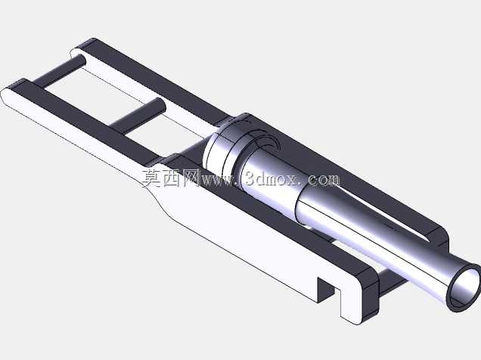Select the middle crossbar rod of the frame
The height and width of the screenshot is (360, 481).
[x=138, y=116]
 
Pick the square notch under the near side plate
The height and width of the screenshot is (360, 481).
[x=326, y=289]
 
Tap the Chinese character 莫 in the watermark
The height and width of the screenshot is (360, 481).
[x=153, y=178]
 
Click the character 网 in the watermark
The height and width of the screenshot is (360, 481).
[x=191, y=178]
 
